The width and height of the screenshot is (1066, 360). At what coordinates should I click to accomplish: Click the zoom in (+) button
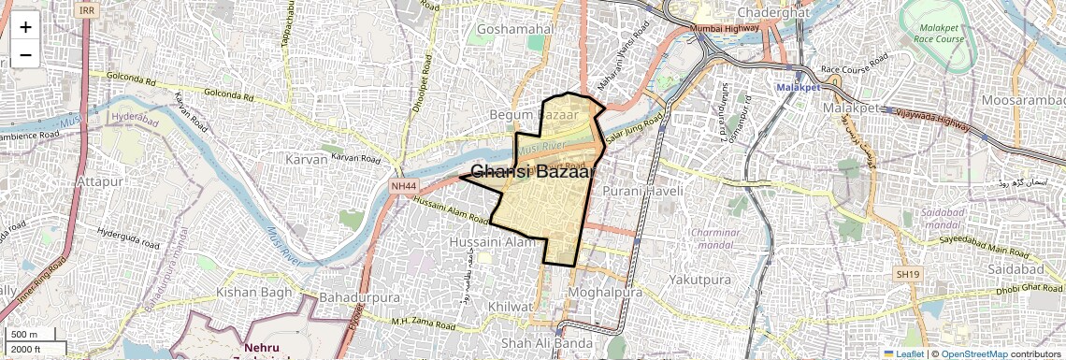25,26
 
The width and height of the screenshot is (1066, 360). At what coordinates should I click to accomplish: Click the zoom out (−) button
25,54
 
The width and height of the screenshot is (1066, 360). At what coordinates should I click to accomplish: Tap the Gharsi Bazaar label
533,172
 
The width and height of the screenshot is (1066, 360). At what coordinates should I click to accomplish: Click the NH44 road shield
403,186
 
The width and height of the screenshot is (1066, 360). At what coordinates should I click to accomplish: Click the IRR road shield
88,10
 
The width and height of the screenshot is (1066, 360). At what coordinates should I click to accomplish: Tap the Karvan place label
307,159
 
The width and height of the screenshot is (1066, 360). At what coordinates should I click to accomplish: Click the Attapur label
100,180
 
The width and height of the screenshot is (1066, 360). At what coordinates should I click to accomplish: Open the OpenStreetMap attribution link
973,353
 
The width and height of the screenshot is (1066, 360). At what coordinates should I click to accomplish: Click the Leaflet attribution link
903,353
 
